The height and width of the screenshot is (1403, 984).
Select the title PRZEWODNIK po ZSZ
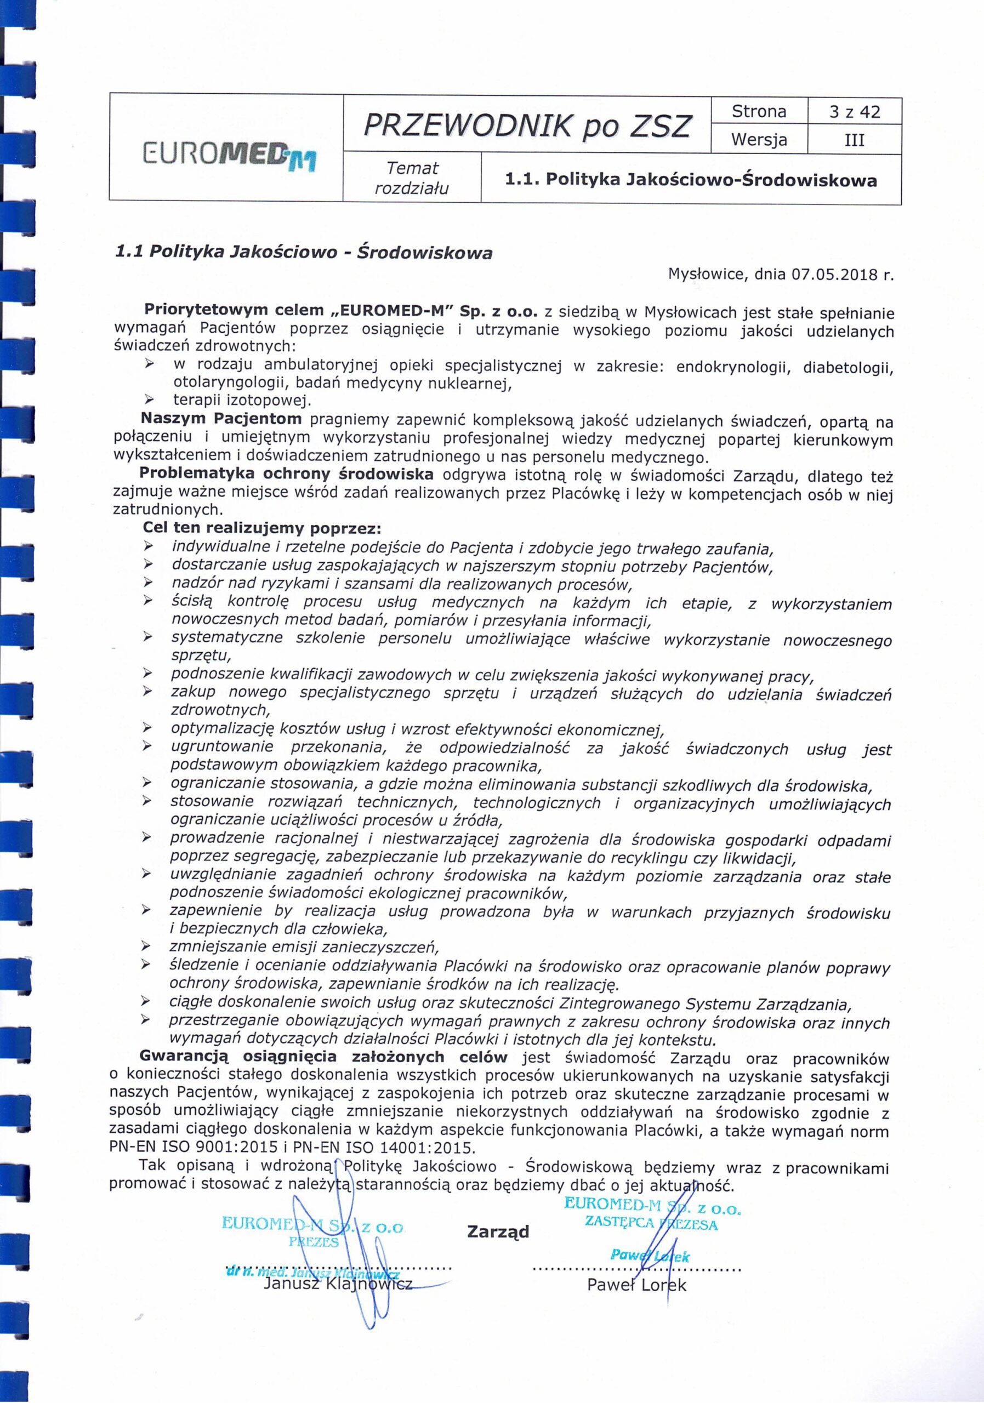527,126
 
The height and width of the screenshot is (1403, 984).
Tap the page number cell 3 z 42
855,112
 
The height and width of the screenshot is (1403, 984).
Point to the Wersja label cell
759,140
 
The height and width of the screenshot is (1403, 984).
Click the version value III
854,140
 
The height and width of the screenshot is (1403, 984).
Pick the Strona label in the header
759,112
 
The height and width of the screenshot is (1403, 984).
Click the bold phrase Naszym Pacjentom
221,419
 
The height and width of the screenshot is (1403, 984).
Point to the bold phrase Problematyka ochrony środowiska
287,474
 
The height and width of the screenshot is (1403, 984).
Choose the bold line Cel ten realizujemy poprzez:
261,527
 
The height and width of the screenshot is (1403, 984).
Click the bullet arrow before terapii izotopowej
148,401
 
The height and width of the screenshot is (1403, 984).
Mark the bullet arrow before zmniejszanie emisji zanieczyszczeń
147,946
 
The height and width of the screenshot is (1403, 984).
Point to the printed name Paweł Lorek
636,1285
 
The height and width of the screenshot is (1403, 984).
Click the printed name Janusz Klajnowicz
338,1284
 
